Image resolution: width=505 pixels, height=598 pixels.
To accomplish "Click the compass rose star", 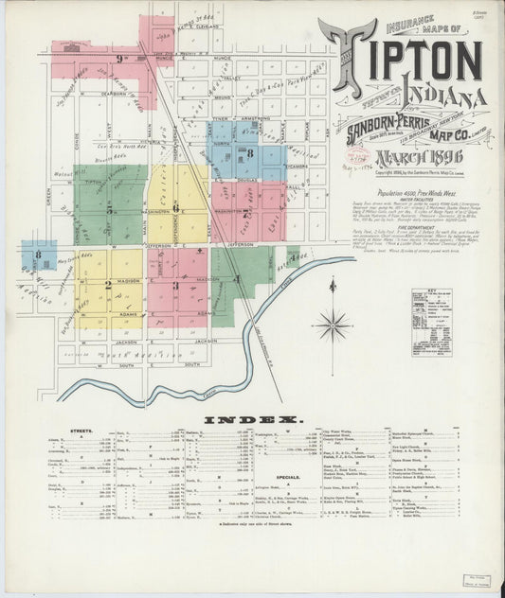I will pyautogui.click(x=333, y=325).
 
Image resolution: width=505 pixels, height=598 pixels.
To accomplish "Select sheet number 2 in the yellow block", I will pyautogui.click(x=107, y=284).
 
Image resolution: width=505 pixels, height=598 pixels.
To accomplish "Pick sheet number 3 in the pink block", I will pyautogui.click(x=176, y=284).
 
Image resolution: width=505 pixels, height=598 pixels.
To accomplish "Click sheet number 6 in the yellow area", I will pyautogui.click(x=176, y=205).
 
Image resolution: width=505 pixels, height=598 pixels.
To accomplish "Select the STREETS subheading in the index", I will pyautogui.click(x=81, y=430).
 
